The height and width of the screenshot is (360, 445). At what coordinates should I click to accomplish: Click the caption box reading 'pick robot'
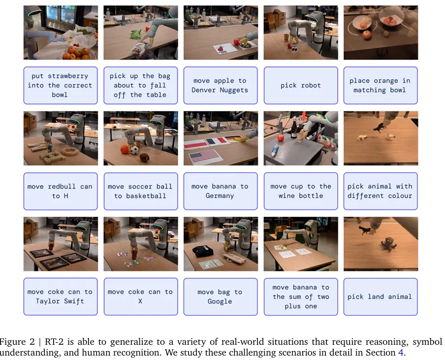point(301,85)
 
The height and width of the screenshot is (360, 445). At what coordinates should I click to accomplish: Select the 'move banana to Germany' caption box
point(221,191)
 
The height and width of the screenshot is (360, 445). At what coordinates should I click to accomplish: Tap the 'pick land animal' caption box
point(381,297)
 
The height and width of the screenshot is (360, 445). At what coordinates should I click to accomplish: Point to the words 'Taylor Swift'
point(60,301)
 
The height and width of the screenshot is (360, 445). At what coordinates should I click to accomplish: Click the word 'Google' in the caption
point(220,301)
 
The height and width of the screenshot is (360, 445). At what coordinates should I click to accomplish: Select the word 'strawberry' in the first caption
point(68,76)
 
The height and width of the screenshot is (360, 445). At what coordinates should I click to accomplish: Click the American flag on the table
point(205,156)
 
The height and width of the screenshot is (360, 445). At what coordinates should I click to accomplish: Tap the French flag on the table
point(217,141)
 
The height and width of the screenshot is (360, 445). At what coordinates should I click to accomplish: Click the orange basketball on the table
point(125,150)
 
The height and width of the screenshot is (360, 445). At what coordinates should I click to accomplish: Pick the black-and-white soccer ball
point(134,150)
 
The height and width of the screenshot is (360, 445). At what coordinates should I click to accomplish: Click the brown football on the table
point(145,157)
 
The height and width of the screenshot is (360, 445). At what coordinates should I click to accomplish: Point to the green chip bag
point(136,34)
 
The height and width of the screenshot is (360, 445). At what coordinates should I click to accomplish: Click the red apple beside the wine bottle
point(281,138)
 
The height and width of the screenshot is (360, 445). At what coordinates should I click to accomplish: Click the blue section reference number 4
point(400,352)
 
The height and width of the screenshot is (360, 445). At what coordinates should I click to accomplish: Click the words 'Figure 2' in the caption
point(17,342)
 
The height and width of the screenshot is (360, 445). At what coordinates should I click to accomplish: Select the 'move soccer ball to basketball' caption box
point(141,191)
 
